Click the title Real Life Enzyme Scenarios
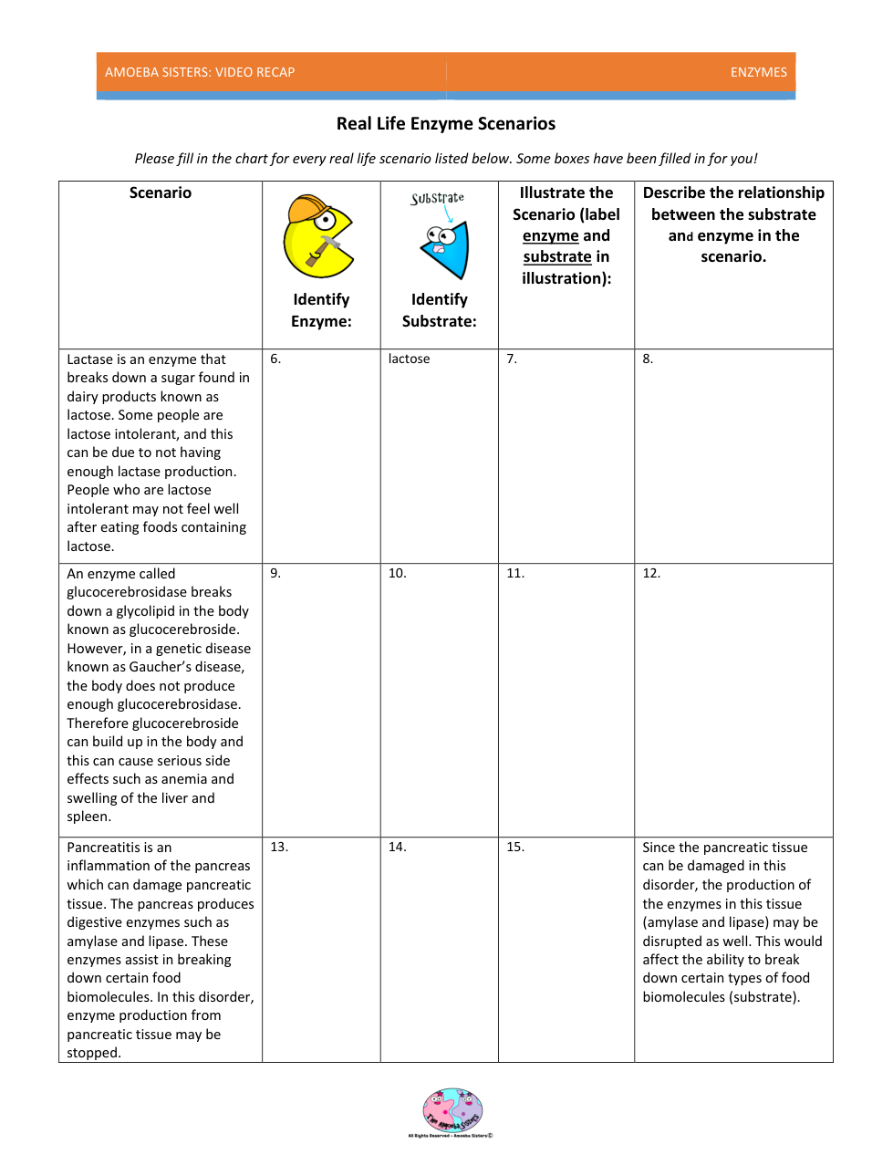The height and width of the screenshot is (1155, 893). click(x=445, y=124)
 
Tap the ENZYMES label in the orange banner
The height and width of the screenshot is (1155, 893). click(x=758, y=72)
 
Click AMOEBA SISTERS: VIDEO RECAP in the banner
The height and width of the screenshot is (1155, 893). click(x=200, y=72)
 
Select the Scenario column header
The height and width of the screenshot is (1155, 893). click(x=161, y=193)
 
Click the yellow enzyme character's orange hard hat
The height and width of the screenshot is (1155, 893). click(x=307, y=210)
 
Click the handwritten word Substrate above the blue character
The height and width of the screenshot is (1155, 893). click(x=438, y=198)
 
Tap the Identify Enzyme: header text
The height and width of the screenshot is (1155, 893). click(x=321, y=310)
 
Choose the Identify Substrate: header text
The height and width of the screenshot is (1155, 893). click(x=439, y=310)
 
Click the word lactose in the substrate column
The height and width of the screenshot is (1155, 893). click(x=409, y=359)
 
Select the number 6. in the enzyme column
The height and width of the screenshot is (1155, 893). click(x=275, y=359)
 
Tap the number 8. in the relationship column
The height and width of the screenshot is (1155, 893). click(x=648, y=359)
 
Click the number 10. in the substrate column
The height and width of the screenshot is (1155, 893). click(x=397, y=574)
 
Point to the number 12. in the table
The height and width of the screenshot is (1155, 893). click(x=651, y=574)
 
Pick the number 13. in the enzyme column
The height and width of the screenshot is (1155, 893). click(x=279, y=848)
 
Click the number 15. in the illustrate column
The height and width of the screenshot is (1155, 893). click(x=515, y=848)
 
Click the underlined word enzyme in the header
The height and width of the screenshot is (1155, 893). click(x=550, y=236)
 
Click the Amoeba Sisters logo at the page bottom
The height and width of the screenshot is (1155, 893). click(x=452, y=1111)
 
